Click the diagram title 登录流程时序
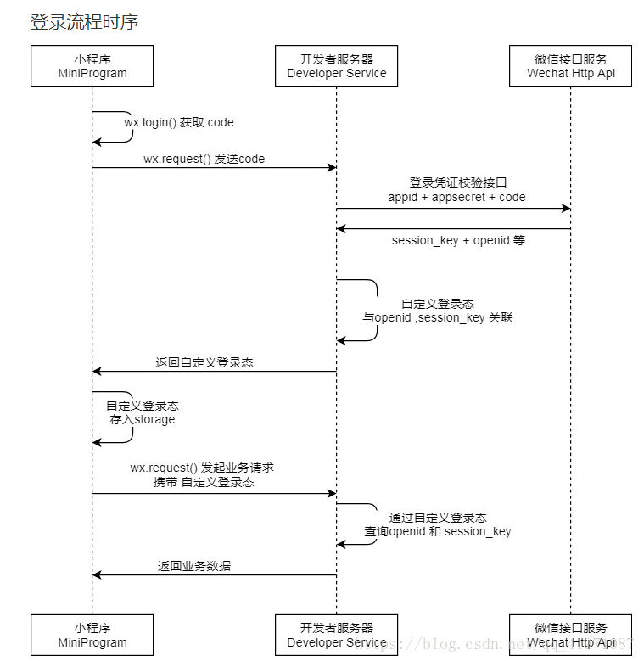[84, 22]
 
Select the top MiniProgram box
[92, 66]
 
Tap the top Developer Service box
[336, 66]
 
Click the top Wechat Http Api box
[570, 66]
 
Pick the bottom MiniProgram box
[92, 635]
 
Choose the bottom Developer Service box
[336, 635]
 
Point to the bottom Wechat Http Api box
[570, 635]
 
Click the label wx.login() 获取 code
[179, 122]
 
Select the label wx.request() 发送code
[204, 159]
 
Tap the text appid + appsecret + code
[456, 197]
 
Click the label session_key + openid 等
[458, 240]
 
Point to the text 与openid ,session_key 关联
[438, 318]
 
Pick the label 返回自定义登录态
[204, 362]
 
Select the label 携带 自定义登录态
[204, 482]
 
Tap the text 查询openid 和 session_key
[438, 532]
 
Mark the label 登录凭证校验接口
[457, 182]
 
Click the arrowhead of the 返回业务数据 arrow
[97, 575]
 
